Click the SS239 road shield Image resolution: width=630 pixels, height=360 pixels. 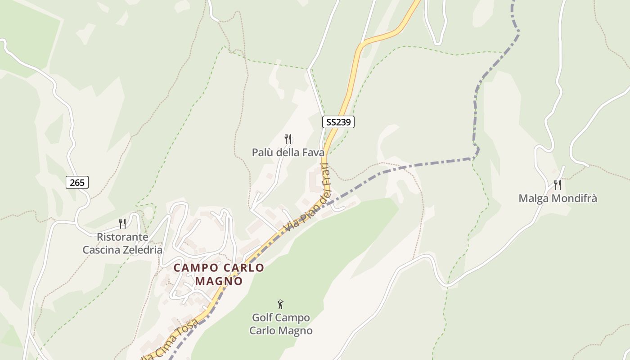(x=338, y=121)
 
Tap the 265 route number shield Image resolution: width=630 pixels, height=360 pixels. (x=77, y=182)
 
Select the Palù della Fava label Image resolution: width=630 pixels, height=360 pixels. (x=288, y=153)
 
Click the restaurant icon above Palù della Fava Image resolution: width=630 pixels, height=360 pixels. (x=288, y=139)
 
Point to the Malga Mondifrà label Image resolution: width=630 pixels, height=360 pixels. (x=558, y=198)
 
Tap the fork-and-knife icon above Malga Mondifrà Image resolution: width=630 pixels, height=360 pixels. (x=558, y=184)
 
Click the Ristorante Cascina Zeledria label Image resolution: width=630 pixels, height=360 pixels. (x=122, y=243)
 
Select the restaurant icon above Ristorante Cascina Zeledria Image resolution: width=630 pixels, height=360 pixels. (x=122, y=223)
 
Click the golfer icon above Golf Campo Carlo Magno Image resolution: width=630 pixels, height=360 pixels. (x=280, y=304)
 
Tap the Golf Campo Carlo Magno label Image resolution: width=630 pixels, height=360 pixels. (x=281, y=324)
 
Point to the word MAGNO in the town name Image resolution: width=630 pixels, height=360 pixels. (x=219, y=281)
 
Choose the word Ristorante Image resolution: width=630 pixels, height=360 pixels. (x=122, y=237)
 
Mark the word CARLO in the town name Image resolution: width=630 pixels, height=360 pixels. (x=244, y=267)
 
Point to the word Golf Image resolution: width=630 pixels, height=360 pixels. (x=262, y=318)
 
